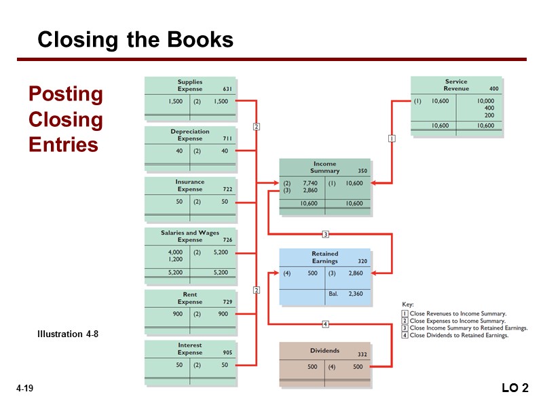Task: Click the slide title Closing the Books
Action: [135, 41]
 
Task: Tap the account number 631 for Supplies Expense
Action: [227, 89]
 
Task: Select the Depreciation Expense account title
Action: [190, 135]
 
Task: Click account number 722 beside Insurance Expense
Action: [227, 189]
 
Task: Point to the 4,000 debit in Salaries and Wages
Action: [175, 252]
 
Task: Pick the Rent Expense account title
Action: [190, 298]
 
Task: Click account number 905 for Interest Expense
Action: [227, 353]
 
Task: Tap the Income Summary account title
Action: [324, 168]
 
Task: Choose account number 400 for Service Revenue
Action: [494, 89]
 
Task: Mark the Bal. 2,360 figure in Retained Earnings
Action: [356, 294]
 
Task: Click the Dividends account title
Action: [324, 351]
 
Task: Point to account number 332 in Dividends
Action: [362, 355]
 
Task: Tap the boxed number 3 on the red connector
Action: [325, 235]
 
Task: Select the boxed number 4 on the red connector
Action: [325, 324]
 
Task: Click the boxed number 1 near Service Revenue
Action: [392, 138]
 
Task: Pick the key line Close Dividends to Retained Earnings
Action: [459, 335]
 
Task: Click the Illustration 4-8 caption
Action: [68, 334]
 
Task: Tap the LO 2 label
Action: [514, 388]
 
